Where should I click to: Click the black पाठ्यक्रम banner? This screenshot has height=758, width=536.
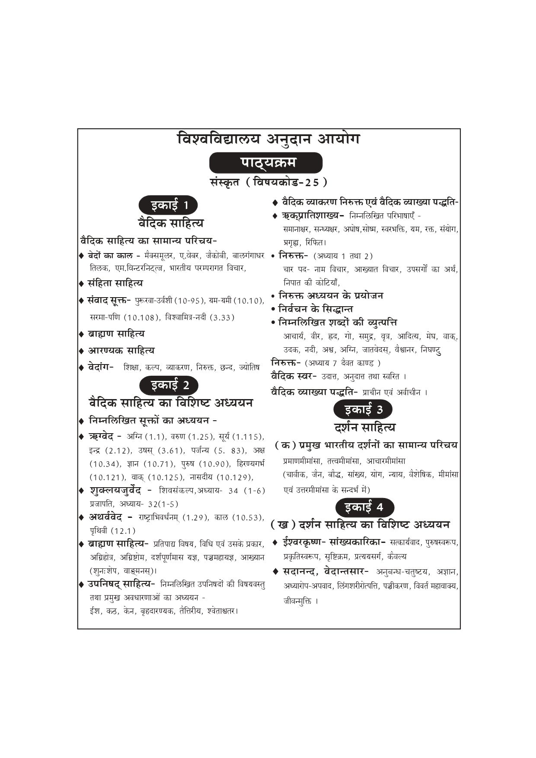click(x=265, y=163)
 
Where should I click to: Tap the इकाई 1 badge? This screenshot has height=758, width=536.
click(x=168, y=205)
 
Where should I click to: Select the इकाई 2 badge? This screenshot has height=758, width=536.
click(x=169, y=385)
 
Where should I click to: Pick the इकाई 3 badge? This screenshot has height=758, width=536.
click(x=363, y=409)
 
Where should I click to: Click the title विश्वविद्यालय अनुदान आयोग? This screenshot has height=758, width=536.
click(x=268, y=139)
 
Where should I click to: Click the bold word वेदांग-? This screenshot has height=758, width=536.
click(x=101, y=367)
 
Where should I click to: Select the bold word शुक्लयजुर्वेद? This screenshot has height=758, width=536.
click(x=115, y=490)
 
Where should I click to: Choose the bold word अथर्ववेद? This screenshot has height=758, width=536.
click(x=105, y=517)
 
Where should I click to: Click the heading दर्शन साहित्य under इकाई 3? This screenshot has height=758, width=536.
click(x=364, y=428)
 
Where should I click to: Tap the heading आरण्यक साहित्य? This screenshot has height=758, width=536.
click(x=121, y=350)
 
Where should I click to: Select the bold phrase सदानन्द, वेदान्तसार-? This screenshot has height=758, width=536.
click(x=325, y=571)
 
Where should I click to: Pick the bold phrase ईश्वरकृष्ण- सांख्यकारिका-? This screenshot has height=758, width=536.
click(x=334, y=542)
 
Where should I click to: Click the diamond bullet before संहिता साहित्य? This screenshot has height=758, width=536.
click(x=81, y=284)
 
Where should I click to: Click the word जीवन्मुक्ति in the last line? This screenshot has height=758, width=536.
click(x=298, y=601)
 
